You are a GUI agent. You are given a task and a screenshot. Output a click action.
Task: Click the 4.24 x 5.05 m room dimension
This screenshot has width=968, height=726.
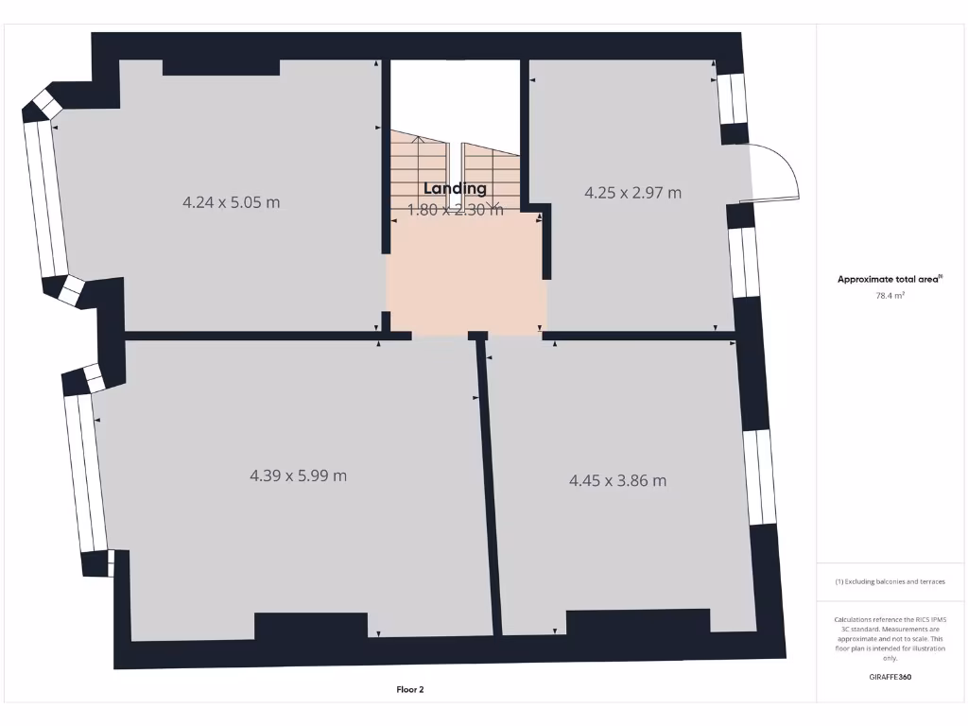[231, 202]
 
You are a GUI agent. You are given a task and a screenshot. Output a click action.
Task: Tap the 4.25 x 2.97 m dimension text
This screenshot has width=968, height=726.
[632, 193]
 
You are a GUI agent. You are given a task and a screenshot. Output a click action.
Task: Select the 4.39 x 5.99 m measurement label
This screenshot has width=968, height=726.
[298, 475]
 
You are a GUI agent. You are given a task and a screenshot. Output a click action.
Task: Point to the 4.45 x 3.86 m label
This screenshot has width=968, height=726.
[617, 480]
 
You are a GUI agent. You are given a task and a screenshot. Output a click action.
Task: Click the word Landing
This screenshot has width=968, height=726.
[455, 189]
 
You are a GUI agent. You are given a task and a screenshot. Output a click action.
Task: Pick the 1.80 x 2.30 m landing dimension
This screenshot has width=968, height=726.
[455, 210]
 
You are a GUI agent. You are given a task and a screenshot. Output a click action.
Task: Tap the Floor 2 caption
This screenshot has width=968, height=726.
[409, 690]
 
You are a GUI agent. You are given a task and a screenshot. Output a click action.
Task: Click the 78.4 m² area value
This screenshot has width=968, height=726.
[890, 296]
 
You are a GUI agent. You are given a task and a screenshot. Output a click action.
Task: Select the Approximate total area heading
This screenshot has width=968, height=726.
[889, 279]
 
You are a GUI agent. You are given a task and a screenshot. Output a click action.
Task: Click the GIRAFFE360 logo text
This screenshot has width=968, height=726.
[890, 677]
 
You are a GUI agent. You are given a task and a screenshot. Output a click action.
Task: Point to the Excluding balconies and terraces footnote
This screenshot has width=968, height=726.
[890, 581]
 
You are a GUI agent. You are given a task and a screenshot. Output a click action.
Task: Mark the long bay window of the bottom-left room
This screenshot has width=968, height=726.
[86, 473]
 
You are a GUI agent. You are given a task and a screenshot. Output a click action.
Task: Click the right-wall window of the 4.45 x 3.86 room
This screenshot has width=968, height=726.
[760, 477]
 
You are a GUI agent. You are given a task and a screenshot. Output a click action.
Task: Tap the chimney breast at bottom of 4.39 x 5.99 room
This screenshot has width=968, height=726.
[311, 626]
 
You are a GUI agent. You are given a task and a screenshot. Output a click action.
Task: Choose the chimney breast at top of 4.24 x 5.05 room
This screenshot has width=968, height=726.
[221, 67]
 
